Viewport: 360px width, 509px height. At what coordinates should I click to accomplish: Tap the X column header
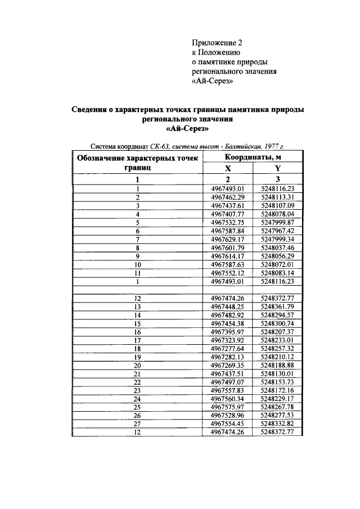pos(228,168)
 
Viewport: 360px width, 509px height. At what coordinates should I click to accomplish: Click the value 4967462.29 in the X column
pos(228,197)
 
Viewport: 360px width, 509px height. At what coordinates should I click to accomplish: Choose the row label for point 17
pos(137,340)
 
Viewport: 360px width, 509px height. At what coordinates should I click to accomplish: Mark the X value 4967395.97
pos(228,332)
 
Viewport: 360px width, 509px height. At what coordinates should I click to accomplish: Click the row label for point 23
pos(137,390)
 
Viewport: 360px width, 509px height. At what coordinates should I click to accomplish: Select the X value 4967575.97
pos(228,407)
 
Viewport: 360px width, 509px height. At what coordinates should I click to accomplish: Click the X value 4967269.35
pos(228,365)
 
